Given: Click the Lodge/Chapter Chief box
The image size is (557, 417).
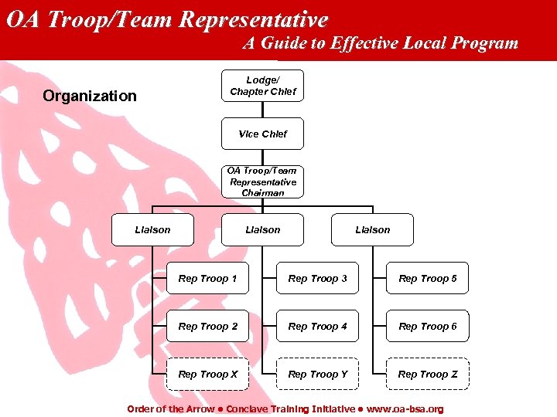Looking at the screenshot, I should (262, 86).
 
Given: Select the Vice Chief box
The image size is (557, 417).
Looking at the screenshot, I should (262, 134).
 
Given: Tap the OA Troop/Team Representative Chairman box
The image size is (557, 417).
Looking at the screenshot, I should (262, 181).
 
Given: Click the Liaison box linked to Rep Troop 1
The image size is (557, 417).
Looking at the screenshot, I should (152, 229).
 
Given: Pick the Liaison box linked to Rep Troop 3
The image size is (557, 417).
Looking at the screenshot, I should (262, 229).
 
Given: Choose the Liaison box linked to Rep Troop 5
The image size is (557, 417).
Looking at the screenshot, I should (372, 229).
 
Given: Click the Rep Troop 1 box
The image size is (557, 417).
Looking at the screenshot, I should (207, 278).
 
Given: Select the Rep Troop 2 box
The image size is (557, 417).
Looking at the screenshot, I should (207, 326).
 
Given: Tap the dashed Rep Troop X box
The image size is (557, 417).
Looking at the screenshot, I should (207, 374).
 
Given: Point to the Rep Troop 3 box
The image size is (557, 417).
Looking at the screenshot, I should (317, 278).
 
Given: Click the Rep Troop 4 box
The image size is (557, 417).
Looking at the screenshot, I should (317, 326).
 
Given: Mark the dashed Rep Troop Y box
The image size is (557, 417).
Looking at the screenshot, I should (317, 374).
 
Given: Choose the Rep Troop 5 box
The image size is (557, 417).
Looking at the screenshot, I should (427, 278).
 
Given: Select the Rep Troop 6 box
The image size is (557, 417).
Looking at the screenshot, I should (427, 326).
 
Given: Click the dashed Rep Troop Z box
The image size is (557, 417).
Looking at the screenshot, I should (427, 374).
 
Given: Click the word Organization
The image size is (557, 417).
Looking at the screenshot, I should (90, 97).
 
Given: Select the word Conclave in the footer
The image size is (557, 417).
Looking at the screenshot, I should (252, 409).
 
